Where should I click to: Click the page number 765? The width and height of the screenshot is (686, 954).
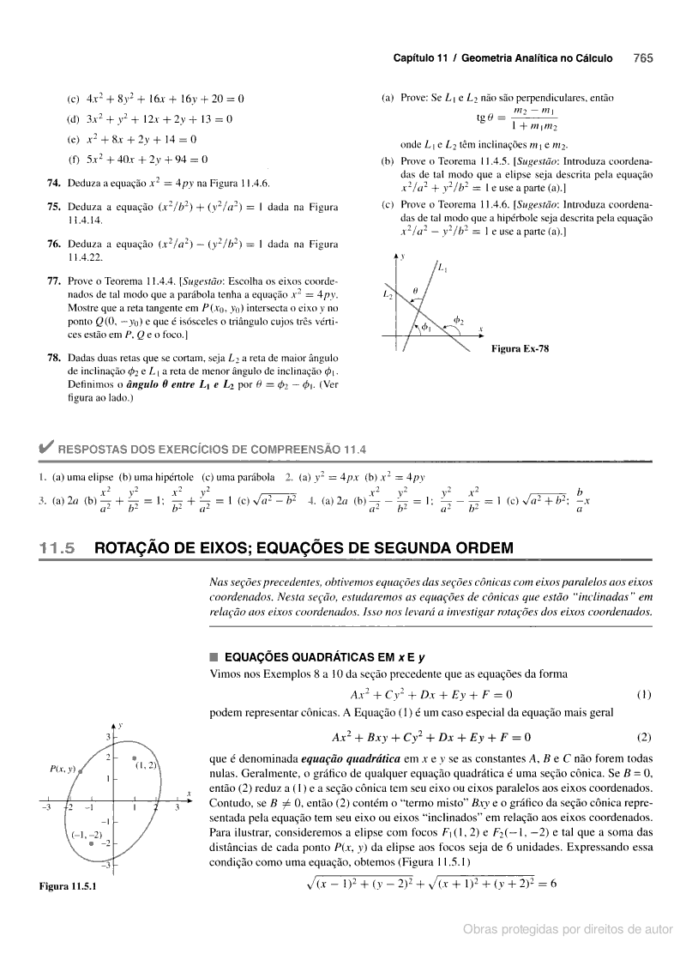(x=643, y=58)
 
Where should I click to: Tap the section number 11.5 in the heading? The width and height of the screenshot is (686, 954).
(x=57, y=547)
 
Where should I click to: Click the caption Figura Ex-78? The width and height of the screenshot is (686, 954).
(x=520, y=348)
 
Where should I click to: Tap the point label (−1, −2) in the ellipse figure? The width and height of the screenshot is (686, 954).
(x=87, y=833)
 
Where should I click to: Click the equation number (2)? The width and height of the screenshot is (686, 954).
(x=644, y=736)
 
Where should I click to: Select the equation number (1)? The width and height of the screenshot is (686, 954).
(x=644, y=693)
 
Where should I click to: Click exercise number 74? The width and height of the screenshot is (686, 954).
(x=53, y=183)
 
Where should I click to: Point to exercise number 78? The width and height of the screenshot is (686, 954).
(x=53, y=357)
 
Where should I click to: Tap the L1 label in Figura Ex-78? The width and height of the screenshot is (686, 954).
(x=442, y=269)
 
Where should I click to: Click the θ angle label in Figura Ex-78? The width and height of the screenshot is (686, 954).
(x=414, y=291)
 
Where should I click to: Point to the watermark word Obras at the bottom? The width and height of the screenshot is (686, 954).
(x=481, y=928)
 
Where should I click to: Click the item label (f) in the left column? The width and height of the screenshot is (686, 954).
(x=74, y=159)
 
